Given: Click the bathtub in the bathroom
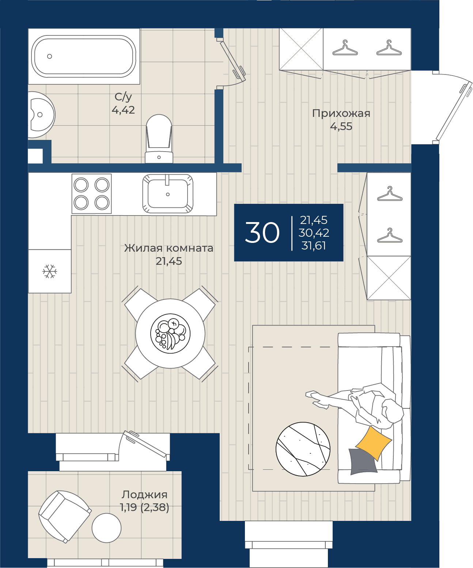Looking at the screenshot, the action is [x=84, y=56].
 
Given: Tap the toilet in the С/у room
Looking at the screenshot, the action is [x=159, y=138].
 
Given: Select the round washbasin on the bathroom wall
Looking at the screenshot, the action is [x=41, y=115].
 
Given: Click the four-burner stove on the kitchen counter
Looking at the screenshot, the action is [x=91, y=194].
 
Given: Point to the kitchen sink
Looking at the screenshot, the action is [x=168, y=194].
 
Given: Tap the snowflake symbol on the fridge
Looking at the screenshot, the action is [x=50, y=271].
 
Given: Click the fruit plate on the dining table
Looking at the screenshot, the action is [x=170, y=333].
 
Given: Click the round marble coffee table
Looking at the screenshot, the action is [x=303, y=449].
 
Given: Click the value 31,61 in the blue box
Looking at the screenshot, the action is [x=313, y=245].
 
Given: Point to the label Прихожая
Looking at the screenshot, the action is [x=341, y=114].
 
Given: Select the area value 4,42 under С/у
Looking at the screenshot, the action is [x=123, y=110].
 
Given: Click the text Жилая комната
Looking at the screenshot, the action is [x=169, y=248].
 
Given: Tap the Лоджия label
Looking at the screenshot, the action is [x=144, y=494].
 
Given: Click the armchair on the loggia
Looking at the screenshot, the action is [x=65, y=516].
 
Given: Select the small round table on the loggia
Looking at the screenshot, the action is [x=106, y=528].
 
